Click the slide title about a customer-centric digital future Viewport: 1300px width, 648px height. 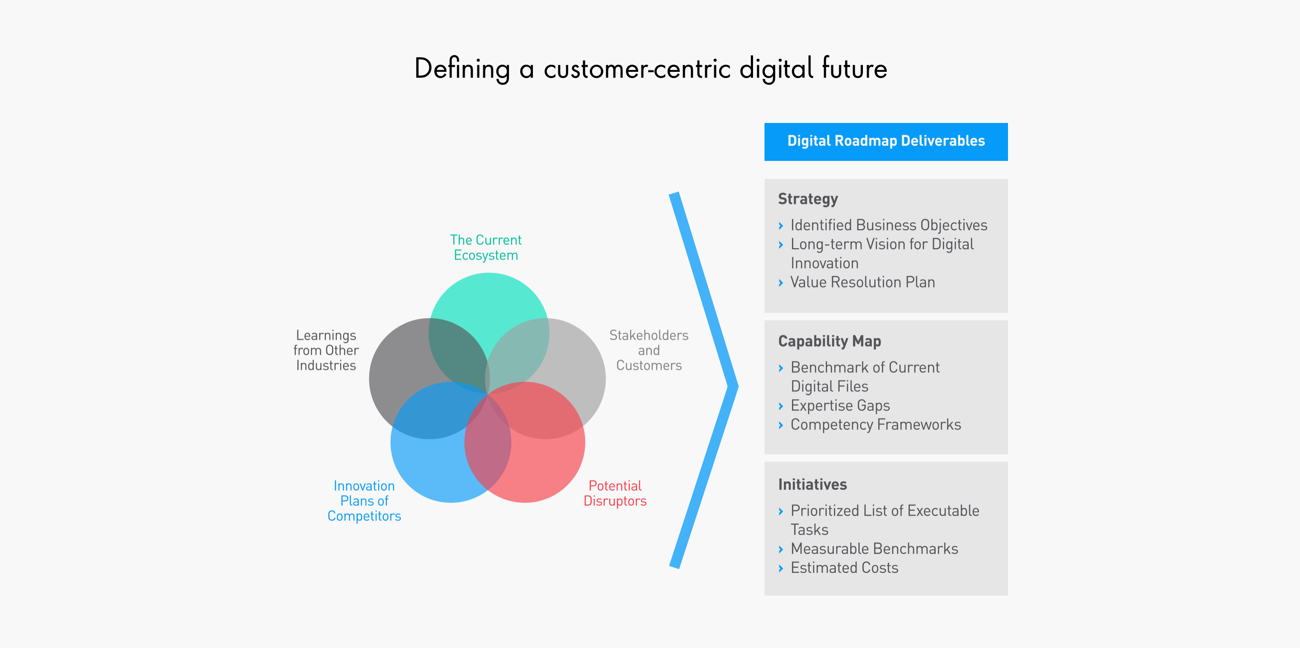[x=650, y=69]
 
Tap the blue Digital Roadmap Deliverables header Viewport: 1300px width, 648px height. [x=886, y=142]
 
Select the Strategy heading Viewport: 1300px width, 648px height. [x=807, y=199]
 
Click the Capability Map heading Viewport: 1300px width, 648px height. [x=829, y=342]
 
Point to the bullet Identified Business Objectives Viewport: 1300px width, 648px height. [x=888, y=225]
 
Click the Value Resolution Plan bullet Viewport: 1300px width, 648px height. [x=862, y=282]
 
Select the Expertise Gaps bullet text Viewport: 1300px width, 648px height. [x=840, y=406]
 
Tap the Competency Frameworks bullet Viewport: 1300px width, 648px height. [x=875, y=424]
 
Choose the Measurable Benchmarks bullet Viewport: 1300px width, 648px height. [x=874, y=549]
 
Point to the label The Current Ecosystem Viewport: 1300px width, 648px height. [x=485, y=247]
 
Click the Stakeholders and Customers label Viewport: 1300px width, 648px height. [x=649, y=350]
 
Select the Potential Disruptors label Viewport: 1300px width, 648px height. [x=615, y=493]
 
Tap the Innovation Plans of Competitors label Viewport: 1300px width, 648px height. [x=364, y=501]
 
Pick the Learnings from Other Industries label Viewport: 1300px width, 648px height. [x=325, y=350]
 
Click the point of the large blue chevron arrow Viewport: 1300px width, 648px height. [x=738, y=386]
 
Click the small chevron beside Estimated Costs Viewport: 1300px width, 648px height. [x=781, y=568]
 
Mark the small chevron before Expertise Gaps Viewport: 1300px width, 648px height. [x=781, y=406]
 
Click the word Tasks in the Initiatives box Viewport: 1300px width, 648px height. [x=809, y=530]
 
